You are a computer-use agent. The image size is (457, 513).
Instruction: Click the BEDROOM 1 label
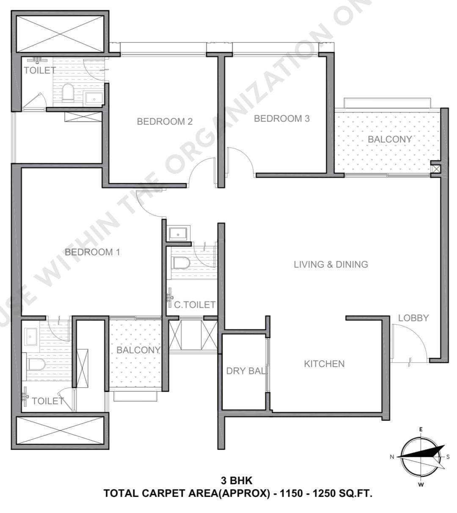pyautogui.click(x=92, y=252)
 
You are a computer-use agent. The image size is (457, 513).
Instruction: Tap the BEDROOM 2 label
pyautogui.click(x=165, y=121)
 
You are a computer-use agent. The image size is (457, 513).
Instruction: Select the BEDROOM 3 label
pyautogui.click(x=281, y=118)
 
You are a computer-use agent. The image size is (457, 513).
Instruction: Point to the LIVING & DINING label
pyautogui.click(x=330, y=265)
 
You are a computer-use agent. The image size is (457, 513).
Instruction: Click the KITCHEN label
pyautogui.click(x=324, y=364)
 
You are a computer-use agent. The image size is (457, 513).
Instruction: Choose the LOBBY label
pyautogui.click(x=413, y=318)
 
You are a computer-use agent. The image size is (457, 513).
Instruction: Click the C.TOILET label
pyautogui.click(x=195, y=305)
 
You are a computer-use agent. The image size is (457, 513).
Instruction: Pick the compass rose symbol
pyautogui.click(x=421, y=457)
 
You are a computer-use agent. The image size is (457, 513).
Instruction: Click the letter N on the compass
pyautogui.click(x=392, y=457)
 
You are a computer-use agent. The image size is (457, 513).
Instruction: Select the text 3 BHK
pyautogui.click(x=236, y=481)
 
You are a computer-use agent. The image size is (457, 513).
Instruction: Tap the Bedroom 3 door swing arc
pyautogui.click(x=240, y=161)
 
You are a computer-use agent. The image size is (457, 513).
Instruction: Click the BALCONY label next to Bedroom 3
pyautogui.click(x=389, y=139)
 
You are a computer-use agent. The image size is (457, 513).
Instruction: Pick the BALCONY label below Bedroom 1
pyautogui.click(x=138, y=350)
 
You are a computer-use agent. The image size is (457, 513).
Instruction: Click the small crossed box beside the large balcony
pyautogui.click(x=436, y=169)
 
